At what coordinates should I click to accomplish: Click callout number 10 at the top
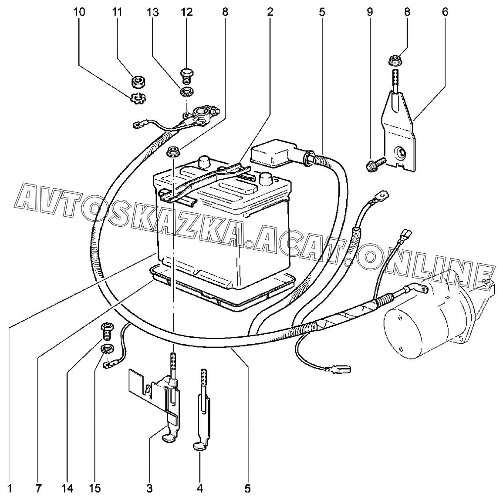(x=79, y=12)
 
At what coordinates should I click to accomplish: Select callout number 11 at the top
(x=117, y=12)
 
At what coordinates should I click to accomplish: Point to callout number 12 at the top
(x=186, y=12)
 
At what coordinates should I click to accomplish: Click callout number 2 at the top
(x=270, y=12)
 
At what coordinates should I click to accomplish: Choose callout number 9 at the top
(x=369, y=12)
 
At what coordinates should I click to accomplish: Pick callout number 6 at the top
(x=445, y=12)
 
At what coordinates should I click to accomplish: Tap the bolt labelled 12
(x=186, y=75)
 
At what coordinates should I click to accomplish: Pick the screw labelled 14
(x=107, y=330)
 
